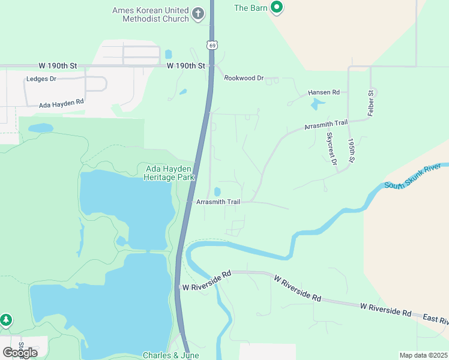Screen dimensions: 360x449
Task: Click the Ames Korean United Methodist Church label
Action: tap(150, 14)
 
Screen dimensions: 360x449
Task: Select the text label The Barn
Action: tap(249, 8)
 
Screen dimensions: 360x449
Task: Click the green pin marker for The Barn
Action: tap(277, 8)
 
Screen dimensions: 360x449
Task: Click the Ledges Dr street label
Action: tap(41, 79)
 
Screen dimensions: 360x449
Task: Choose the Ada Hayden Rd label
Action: tap(61, 104)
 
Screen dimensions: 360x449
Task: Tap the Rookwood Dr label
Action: tap(244, 78)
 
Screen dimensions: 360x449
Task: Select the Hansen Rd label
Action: tap(324, 92)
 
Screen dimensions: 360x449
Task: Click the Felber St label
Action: tap(371, 103)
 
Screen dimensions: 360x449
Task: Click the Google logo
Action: tap(20, 352)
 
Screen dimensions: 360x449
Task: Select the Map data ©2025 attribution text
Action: tap(423, 355)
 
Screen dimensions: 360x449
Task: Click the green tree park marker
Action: tap(6, 320)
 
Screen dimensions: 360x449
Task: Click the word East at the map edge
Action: tap(435, 317)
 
